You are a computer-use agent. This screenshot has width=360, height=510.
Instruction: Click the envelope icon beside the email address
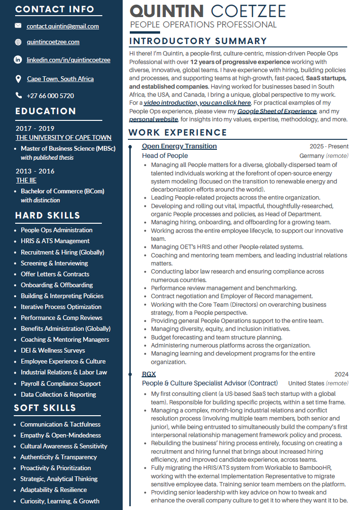coord(18,26)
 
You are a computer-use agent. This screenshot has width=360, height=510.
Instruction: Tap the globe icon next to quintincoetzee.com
coord(18,42)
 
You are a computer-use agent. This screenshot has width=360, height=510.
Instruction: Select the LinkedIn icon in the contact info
coord(18,60)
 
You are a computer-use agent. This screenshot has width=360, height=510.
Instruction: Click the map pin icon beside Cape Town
coord(18,79)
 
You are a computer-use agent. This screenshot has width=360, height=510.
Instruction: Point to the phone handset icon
coord(18,95)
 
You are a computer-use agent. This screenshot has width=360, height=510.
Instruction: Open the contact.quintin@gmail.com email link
coord(63,27)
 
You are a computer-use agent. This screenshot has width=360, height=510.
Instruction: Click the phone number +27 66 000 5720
coord(50,96)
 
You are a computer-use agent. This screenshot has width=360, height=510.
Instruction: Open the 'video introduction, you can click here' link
coord(197,102)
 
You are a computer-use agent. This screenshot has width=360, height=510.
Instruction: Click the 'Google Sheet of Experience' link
coord(277,111)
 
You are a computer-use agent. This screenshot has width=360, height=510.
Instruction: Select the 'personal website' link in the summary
coord(153,119)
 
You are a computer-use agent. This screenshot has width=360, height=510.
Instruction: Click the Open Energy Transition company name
coord(179,146)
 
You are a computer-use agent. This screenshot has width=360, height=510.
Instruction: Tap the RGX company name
coord(149,374)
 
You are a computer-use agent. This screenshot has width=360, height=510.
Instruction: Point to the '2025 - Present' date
coord(329,146)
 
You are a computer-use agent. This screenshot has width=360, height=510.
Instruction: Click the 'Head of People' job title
coord(165,155)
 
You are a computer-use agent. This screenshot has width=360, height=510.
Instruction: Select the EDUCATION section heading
coord(45,111)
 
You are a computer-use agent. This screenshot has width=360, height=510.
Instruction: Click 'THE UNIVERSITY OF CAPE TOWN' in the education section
coord(63,137)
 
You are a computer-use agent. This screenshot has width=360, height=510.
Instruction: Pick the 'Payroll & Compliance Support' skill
coord(61,383)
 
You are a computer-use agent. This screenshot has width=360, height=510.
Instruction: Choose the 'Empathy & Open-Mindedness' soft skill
coord(61,435)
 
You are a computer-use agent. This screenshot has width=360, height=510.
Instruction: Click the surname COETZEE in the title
coord(248,11)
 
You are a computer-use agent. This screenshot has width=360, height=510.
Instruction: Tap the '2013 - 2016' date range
coord(35,171)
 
